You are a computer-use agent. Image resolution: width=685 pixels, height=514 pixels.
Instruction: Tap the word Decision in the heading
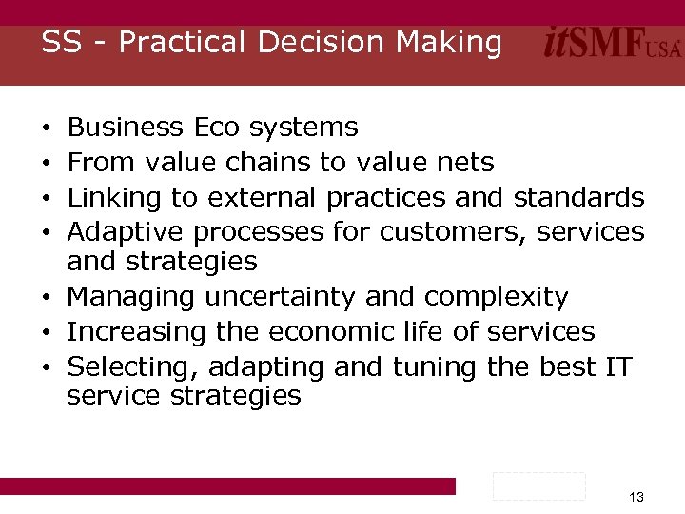coord(312,43)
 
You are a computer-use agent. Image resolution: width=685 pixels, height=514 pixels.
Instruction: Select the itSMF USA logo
coord(613,45)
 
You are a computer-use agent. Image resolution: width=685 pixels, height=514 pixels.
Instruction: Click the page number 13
coord(636,497)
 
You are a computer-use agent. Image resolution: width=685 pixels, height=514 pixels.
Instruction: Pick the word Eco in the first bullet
coord(218,127)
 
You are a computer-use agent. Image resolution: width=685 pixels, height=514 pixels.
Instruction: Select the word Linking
coord(115,198)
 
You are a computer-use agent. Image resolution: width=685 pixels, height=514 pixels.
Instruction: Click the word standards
coord(579,198)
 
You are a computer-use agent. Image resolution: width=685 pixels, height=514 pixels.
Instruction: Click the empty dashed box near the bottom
coord(538,485)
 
